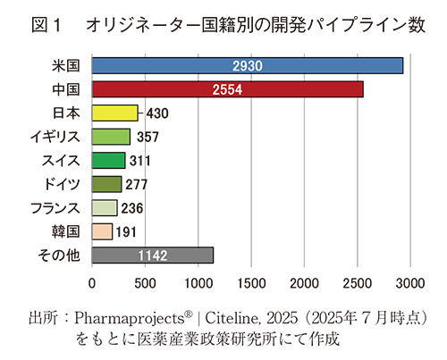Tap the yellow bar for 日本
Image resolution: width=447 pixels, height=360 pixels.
115,113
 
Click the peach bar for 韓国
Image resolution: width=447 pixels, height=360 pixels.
102,231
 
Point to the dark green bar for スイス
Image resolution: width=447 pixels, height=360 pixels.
109,161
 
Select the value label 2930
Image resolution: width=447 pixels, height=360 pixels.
247,66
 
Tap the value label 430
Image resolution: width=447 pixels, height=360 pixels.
156,113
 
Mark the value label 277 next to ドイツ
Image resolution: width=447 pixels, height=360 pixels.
136,185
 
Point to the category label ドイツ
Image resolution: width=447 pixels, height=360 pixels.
64,184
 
